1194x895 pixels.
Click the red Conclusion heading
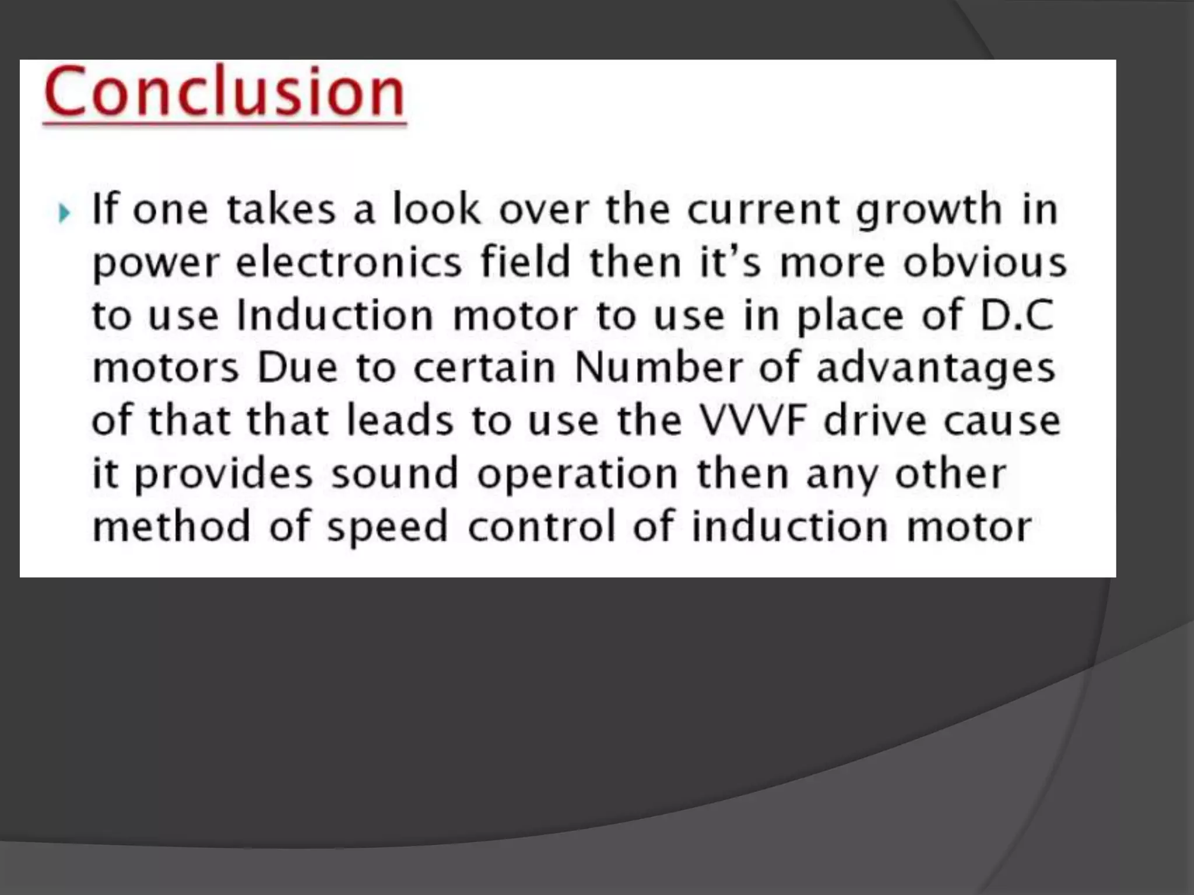pyautogui.click(x=224, y=92)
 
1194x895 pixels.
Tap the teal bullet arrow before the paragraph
pyautogui.click(x=64, y=213)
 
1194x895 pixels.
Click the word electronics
pyautogui.click(x=349, y=262)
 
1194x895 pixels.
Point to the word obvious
pyautogui.click(x=985, y=262)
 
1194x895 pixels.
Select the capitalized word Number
pyautogui.click(x=658, y=368)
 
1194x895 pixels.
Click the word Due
pyautogui.click(x=297, y=368)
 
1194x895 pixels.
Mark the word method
pyautogui.click(x=171, y=526)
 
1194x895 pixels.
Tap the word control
pyautogui.click(x=542, y=526)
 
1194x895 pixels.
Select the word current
pyautogui.click(x=763, y=210)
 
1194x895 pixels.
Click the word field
pyautogui.click(x=525, y=262)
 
